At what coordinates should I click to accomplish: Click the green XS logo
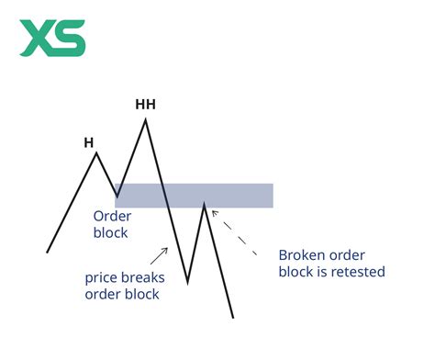click(54, 39)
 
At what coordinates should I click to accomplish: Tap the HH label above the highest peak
click(145, 104)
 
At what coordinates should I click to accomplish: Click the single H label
click(89, 142)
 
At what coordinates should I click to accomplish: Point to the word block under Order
click(110, 232)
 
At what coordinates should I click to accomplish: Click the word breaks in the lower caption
click(138, 277)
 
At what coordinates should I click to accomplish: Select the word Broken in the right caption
click(300, 255)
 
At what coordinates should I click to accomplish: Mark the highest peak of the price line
click(145, 119)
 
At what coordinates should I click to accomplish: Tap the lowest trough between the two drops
click(187, 282)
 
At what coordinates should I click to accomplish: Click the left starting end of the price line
click(48, 251)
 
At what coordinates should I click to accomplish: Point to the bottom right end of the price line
click(233, 317)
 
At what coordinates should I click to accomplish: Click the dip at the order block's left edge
click(117, 196)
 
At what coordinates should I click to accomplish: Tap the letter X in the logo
click(36, 39)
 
